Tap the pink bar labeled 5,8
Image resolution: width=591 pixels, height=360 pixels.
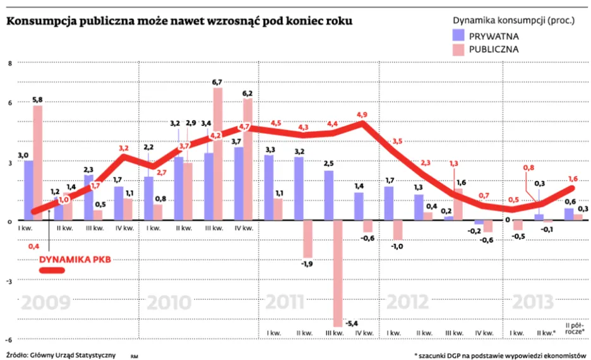[38, 163]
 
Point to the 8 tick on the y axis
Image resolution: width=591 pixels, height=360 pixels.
[10, 64]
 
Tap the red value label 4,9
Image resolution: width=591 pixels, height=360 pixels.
[362, 114]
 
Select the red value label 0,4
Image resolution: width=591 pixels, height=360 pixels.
[35, 246]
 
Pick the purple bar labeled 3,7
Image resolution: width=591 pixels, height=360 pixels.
[239, 184]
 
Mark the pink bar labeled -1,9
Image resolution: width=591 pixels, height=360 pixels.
[307, 239]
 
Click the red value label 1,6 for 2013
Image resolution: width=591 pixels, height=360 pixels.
[573, 178]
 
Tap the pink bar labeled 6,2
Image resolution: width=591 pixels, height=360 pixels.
[248, 159]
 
